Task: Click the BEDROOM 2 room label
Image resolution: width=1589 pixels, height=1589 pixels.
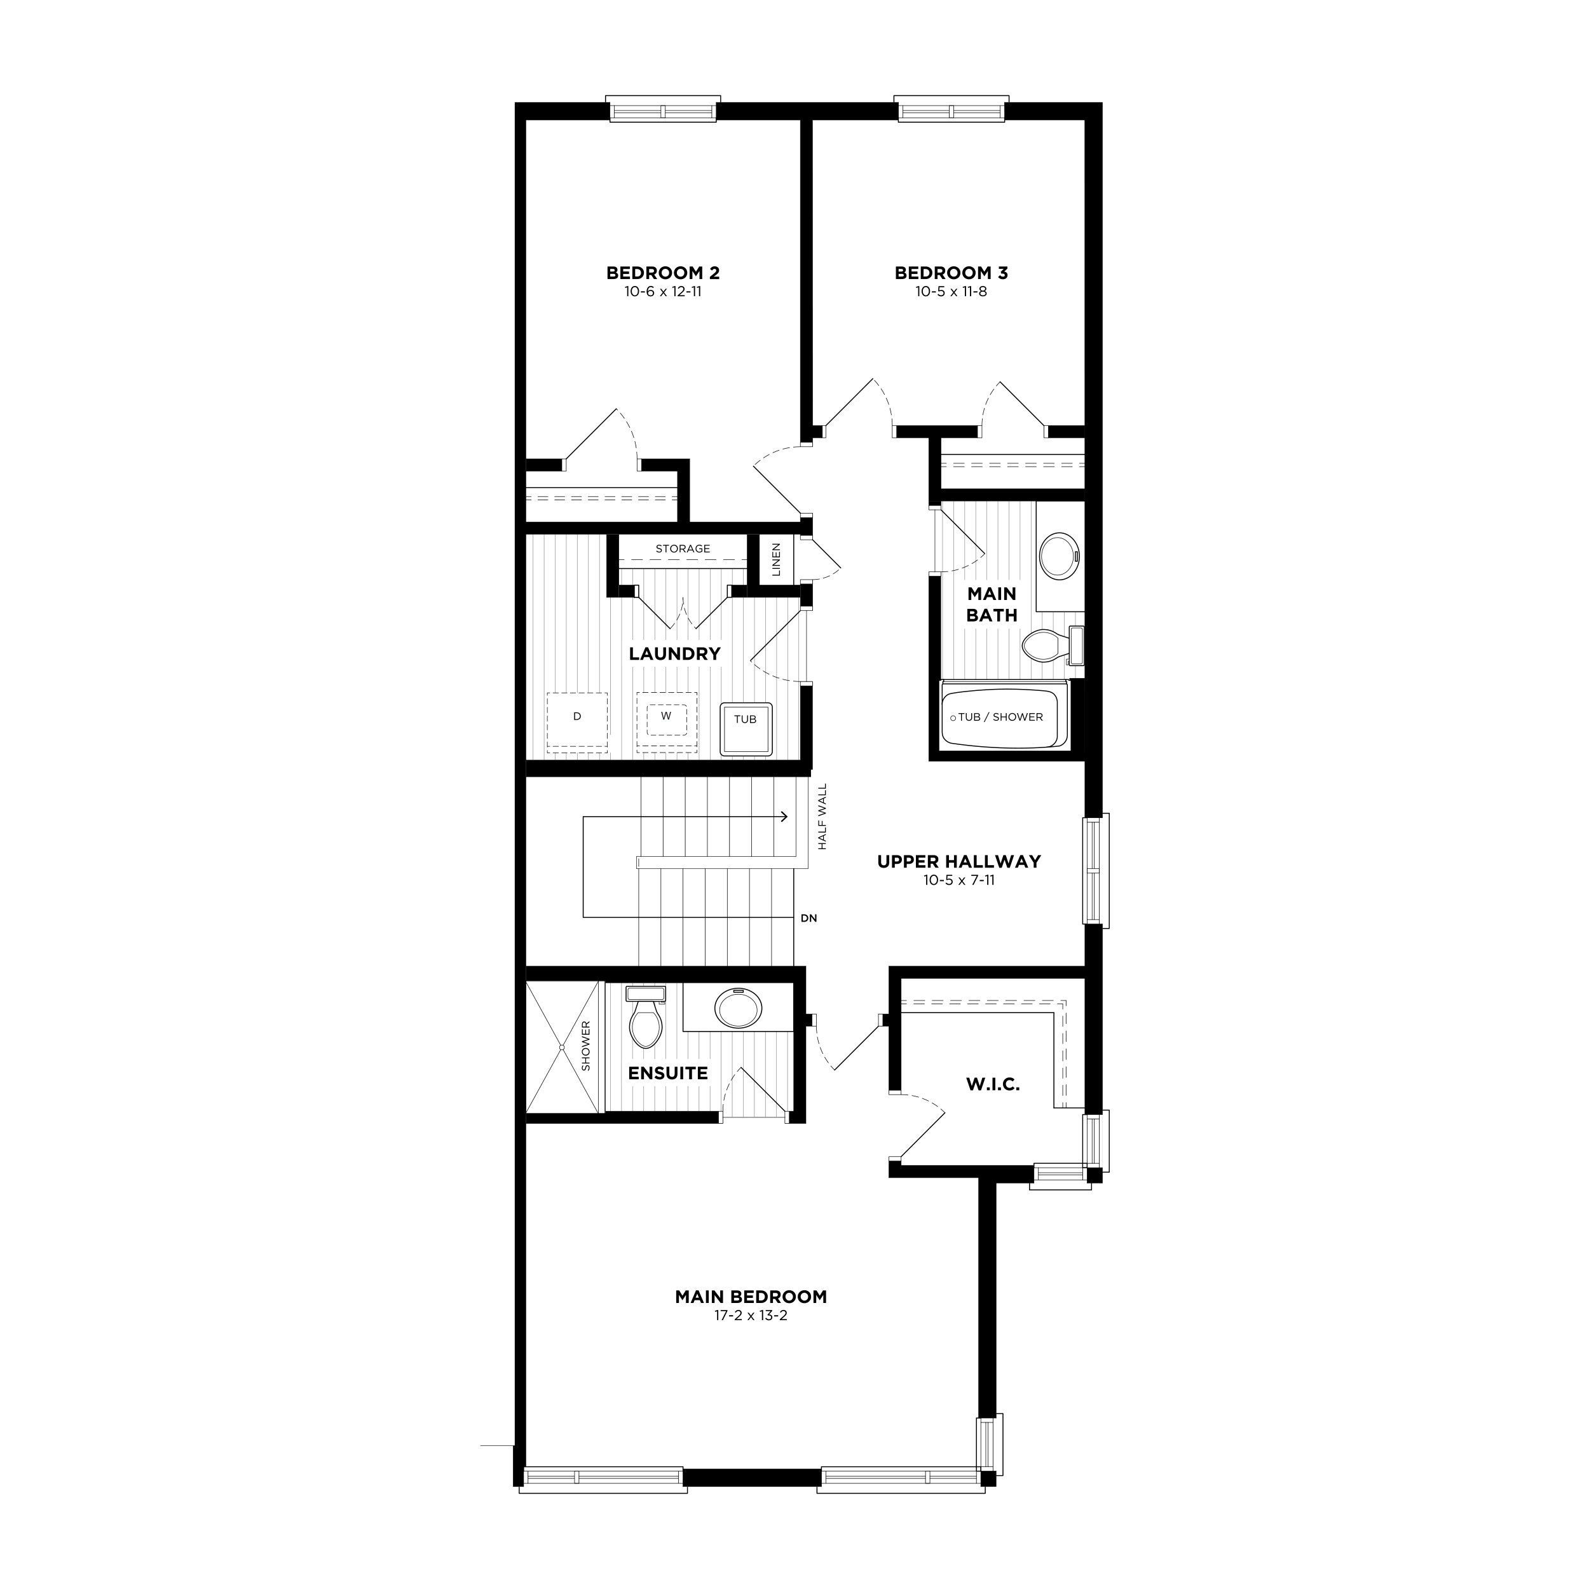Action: pyautogui.click(x=663, y=272)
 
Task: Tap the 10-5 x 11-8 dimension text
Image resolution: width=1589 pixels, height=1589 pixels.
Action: pyautogui.click(x=951, y=291)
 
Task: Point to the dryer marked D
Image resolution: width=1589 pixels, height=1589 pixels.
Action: pyautogui.click(x=577, y=721)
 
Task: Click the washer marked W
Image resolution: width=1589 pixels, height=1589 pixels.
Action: pyautogui.click(x=666, y=721)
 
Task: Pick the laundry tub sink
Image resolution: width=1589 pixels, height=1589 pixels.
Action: pyautogui.click(x=746, y=728)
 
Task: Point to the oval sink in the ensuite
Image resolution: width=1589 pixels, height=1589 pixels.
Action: pyautogui.click(x=738, y=1007)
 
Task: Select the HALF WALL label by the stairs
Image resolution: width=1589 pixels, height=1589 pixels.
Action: pyautogui.click(x=822, y=817)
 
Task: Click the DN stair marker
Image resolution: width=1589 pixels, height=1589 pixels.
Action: pyautogui.click(x=808, y=918)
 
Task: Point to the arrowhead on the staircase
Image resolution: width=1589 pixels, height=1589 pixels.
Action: pyautogui.click(x=784, y=817)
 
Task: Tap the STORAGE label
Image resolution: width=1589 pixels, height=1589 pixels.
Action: pyautogui.click(x=683, y=549)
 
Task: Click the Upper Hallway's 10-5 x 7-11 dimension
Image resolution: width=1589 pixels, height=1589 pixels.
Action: pyautogui.click(x=959, y=880)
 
